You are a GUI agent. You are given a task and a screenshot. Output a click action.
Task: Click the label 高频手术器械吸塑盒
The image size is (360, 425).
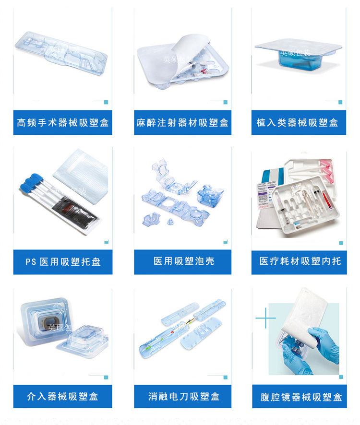[x=63, y=123]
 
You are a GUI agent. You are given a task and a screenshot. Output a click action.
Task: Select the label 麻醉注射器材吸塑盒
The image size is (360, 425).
[x=182, y=123]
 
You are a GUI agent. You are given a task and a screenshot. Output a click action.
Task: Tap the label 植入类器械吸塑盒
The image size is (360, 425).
[x=298, y=123]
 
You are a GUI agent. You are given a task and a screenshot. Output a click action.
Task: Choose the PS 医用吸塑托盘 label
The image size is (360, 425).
[x=63, y=262]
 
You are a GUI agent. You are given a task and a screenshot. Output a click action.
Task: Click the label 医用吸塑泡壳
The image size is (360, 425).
[x=182, y=261]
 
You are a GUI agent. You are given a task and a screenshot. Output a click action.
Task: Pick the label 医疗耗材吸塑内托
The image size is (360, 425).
[x=300, y=261]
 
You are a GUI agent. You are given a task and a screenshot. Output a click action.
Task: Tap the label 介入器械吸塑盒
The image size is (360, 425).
[x=63, y=397]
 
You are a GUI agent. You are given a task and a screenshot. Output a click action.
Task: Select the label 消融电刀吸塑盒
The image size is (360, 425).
[x=182, y=397]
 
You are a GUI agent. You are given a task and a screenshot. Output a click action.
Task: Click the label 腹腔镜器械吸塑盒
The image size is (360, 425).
[x=300, y=397]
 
